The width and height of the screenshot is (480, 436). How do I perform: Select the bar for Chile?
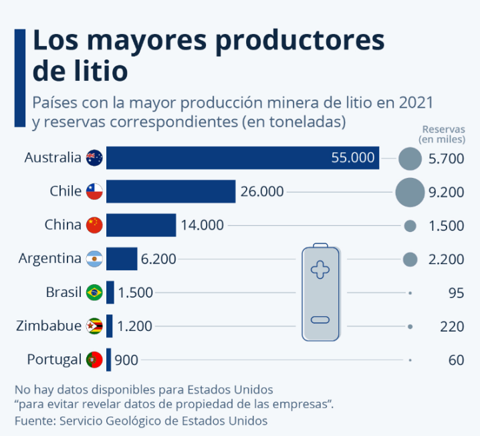[x=170, y=191]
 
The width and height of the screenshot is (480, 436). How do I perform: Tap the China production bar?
[x=140, y=225]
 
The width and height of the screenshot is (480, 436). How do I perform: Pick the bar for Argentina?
[x=121, y=258]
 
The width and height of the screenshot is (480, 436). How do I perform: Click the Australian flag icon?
[x=94, y=158]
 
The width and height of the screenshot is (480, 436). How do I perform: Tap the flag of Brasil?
[x=94, y=292]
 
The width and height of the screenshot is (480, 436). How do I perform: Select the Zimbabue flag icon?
[x=94, y=326]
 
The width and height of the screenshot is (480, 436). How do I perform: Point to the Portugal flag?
[x=94, y=360]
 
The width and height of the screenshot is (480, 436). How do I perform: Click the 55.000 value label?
[x=353, y=158]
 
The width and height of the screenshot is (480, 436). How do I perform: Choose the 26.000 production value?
[x=262, y=192]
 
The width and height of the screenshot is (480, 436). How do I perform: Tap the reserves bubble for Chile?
[x=410, y=192]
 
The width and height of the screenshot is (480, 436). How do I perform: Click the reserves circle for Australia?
[x=410, y=159]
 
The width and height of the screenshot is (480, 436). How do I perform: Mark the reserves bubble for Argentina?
[x=410, y=259]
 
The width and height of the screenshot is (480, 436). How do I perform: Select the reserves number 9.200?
[x=446, y=193]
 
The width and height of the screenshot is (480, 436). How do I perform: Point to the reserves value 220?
[x=453, y=326]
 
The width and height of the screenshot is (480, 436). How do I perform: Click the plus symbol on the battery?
[x=320, y=270]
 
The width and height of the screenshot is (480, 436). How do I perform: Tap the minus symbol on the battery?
[x=320, y=320]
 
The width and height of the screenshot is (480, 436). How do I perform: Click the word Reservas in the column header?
[x=443, y=129]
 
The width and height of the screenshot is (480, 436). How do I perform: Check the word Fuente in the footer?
[x=34, y=421]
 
